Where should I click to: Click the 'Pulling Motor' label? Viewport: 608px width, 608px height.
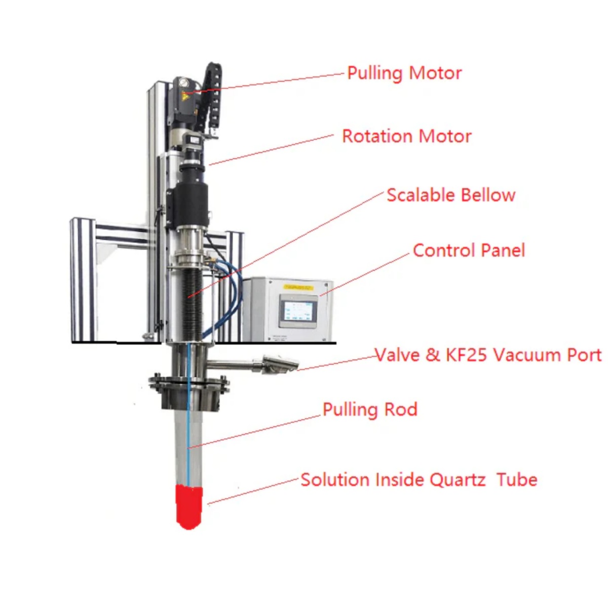pos(404,73)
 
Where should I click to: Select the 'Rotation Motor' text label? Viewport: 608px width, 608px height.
pos(406,136)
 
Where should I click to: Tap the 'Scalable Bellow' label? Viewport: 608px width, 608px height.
pos(450,195)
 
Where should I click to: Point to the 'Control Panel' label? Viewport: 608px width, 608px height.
pos(469,250)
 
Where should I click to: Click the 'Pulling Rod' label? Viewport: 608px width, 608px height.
pos(370,409)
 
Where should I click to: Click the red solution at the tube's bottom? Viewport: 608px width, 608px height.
pos(188,507)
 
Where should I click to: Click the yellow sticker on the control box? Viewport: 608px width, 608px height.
pos(299,287)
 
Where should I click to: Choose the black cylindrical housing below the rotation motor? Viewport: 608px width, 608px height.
pos(187,205)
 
